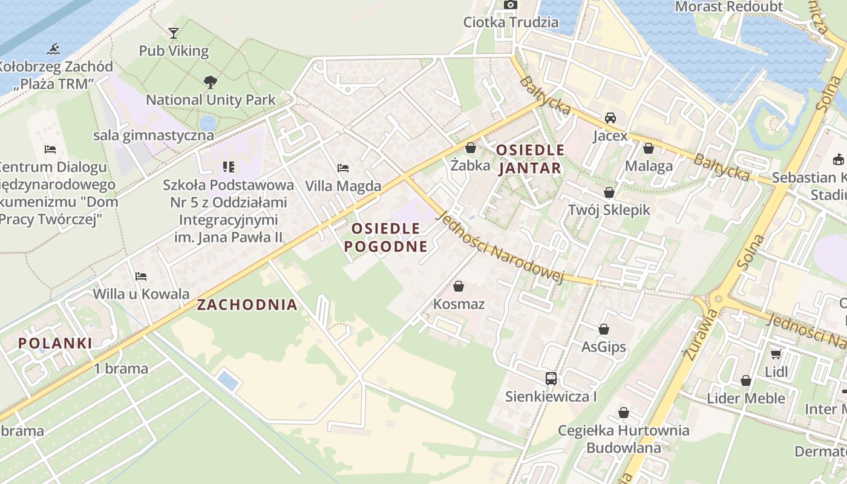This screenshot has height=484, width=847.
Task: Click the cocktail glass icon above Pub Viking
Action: pyautogui.click(x=174, y=33)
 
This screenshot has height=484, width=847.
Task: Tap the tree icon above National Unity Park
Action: pyautogui.click(x=210, y=82)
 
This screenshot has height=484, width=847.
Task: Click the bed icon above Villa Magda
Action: pyautogui.click(x=343, y=168)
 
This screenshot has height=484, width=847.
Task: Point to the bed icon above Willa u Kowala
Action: pyautogui.click(x=141, y=276)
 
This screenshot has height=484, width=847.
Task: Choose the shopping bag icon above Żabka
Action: pyautogui.click(x=470, y=148)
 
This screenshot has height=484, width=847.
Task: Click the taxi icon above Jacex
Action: pyautogui.click(x=610, y=118)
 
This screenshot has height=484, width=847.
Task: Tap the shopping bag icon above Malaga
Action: pyautogui.click(x=649, y=148)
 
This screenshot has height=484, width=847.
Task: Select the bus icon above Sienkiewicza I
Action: pyautogui.click(x=551, y=379)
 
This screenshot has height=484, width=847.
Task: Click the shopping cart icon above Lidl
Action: pyautogui.click(x=776, y=354)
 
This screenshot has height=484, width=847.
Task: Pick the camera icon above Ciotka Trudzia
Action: pyautogui.click(x=511, y=5)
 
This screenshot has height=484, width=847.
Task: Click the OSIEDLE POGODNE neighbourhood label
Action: pyautogui.click(x=386, y=237)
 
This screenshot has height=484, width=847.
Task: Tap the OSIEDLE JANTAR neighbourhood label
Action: pyautogui.click(x=530, y=159)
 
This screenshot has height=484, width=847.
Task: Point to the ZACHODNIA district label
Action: pyautogui.click(x=247, y=305)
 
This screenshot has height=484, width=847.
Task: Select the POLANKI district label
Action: pyautogui.click(x=55, y=344)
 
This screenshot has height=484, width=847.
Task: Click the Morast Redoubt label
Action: pyautogui.click(x=728, y=7)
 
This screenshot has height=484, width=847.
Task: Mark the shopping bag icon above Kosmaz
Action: pyautogui.click(x=459, y=286)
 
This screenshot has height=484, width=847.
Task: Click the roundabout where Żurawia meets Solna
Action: pyautogui.click(x=718, y=298)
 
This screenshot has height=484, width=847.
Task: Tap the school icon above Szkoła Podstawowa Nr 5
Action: pyautogui.click(x=228, y=166)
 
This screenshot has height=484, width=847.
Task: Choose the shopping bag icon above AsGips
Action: pyautogui.click(x=603, y=329)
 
